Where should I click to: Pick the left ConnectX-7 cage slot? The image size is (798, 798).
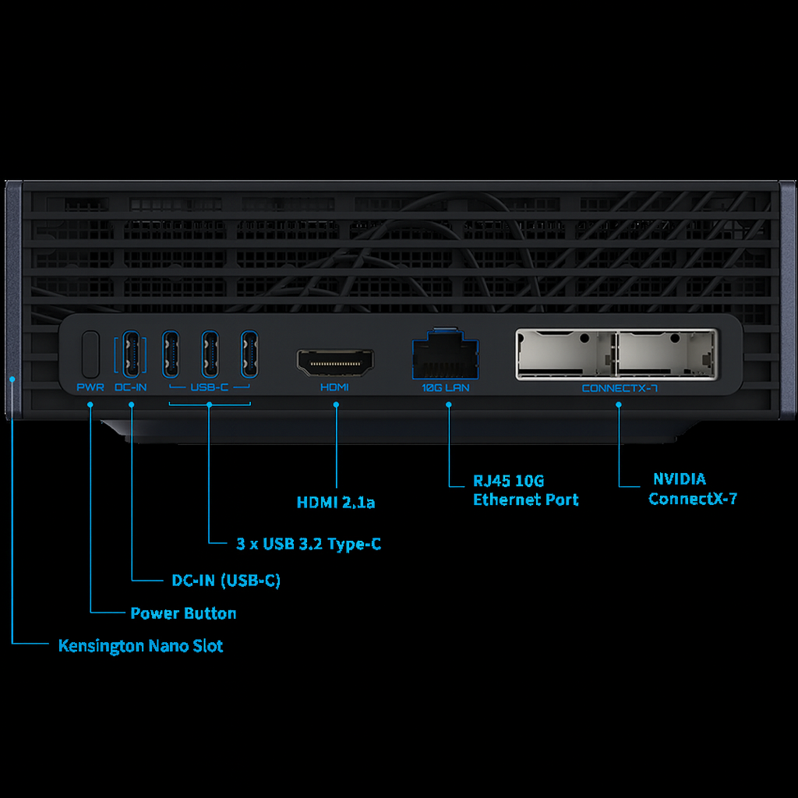[566, 354]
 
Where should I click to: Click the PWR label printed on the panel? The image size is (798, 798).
[90, 387]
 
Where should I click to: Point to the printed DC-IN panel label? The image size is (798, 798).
[130, 387]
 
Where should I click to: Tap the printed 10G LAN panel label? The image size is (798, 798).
[446, 387]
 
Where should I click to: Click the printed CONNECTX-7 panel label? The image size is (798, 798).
[619, 387]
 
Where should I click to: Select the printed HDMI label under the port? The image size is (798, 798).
[335, 387]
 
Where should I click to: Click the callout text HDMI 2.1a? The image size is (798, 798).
[336, 503]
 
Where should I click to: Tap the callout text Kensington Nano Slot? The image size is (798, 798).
[141, 646]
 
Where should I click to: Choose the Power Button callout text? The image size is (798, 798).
[183, 613]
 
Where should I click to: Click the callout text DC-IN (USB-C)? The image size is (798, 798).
[226, 581]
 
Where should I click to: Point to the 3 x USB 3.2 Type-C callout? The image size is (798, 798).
[309, 543]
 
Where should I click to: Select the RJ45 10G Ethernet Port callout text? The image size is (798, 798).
[525, 490]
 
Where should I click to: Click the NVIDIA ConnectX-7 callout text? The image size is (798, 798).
[692, 489]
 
